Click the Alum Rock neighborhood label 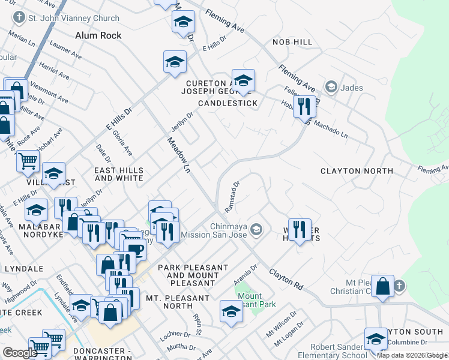(x=98, y=35)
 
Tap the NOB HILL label (x=292, y=42)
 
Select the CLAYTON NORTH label (x=357, y=171)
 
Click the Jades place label (x=351, y=88)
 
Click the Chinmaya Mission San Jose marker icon (x=256, y=229)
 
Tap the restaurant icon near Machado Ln (x=306, y=107)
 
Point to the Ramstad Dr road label (x=232, y=197)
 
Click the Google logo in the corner (x=19, y=353)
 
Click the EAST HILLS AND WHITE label (x=119, y=174)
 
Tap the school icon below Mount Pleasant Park (x=231, y=310)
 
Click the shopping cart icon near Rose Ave (x=28, y=160)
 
